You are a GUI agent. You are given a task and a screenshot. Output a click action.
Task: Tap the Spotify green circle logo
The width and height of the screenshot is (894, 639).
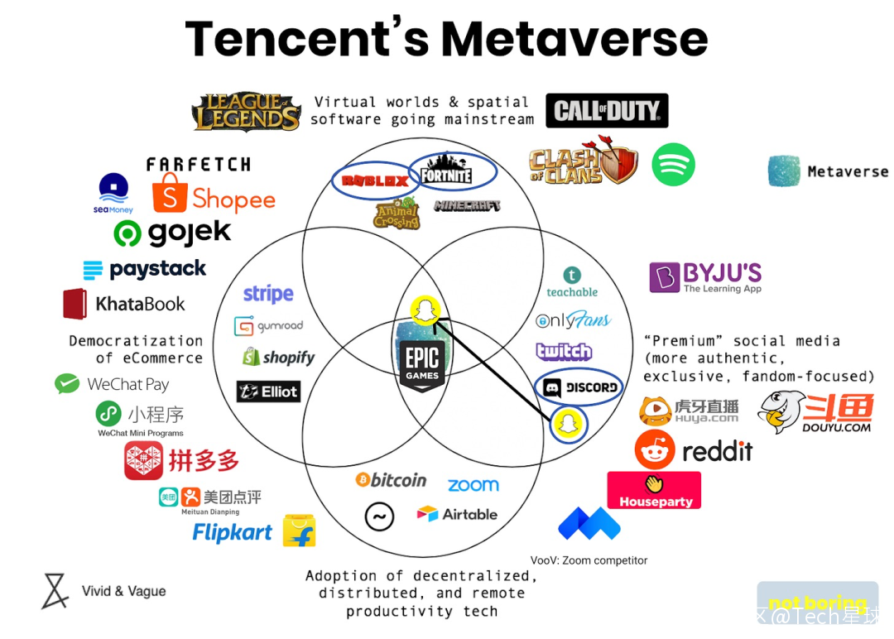(673, 165)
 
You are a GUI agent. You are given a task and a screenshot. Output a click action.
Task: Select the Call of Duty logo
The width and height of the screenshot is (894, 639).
(607, 111)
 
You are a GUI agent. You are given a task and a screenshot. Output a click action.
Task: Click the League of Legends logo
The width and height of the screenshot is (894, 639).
(246, 113)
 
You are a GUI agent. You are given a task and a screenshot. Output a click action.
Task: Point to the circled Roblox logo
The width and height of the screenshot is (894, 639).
(375, 180)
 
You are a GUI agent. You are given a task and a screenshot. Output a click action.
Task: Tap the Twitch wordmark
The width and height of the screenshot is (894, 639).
(564, 352)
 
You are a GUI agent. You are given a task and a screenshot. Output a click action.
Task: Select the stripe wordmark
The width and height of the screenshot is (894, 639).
(268, 294)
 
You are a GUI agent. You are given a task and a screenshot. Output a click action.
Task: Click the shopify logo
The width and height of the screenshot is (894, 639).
(279, 358)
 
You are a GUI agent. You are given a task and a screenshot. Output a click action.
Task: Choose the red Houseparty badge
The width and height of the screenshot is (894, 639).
(654, 490)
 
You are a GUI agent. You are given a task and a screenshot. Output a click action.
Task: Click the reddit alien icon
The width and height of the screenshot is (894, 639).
(655, 450)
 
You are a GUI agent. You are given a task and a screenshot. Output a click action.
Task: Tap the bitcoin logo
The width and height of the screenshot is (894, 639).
(391, 480)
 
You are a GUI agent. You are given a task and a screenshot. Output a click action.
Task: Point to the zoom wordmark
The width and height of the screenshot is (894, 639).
(473, 485)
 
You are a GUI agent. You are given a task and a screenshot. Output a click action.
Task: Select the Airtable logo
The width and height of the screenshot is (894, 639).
(457, 514)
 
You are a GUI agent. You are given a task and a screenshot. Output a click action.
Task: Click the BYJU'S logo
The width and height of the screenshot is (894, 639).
(705, 277)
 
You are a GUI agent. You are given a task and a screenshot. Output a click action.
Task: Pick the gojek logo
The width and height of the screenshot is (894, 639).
(173, 233)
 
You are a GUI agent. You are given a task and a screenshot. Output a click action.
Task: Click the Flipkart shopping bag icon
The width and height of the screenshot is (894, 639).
(299, 531)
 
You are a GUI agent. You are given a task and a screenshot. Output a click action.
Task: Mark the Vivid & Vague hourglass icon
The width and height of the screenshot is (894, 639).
(55, 591)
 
